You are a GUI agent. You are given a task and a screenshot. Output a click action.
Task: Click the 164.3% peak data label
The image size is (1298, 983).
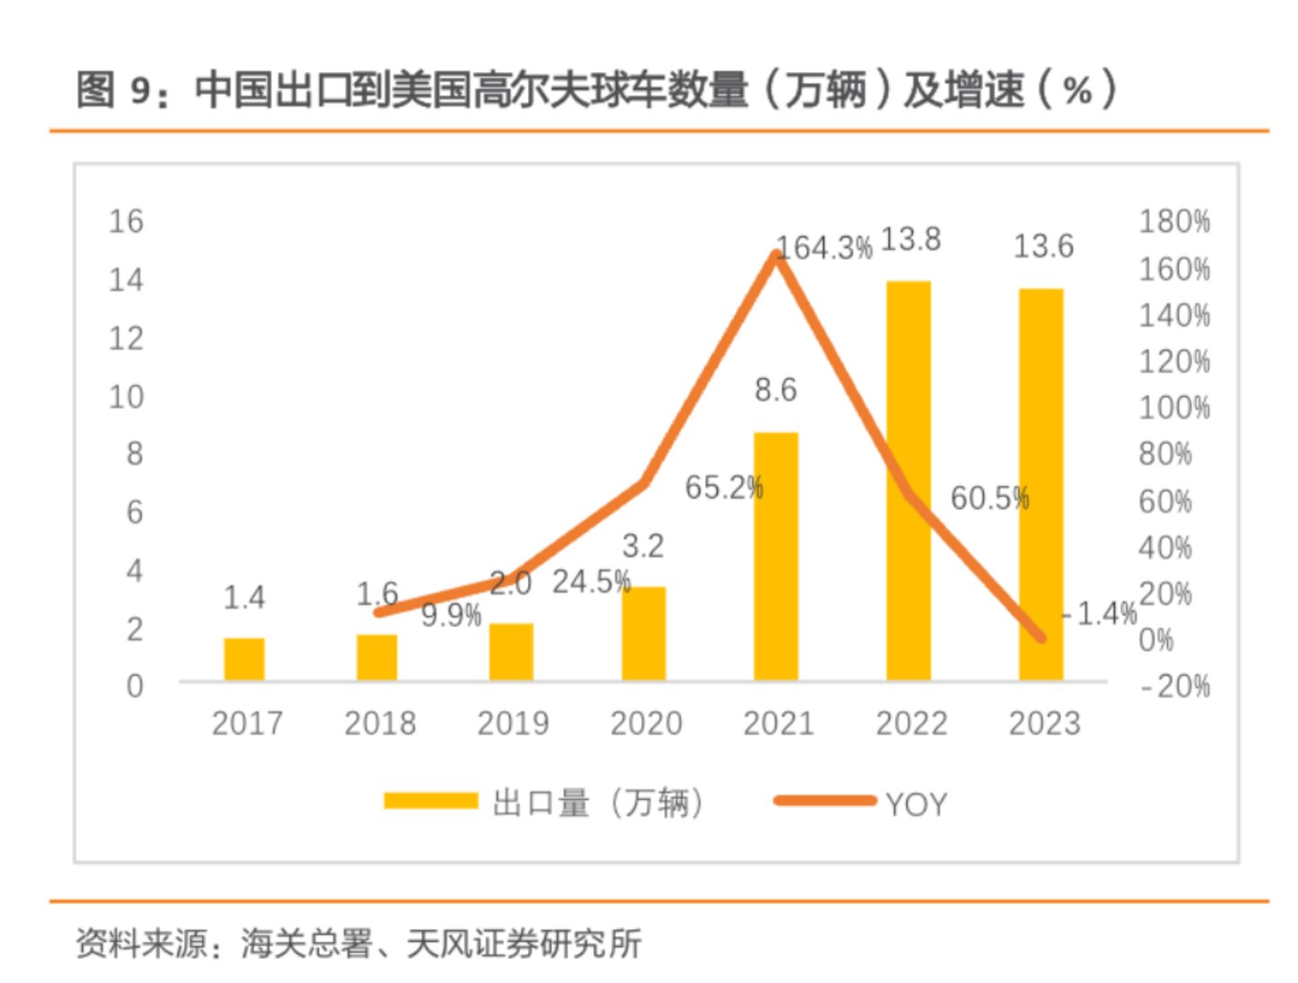point(825,248)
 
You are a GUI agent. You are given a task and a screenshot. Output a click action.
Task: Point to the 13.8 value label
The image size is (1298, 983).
point(910,240)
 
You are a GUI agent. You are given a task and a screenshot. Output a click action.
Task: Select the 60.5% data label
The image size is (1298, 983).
point(990,498)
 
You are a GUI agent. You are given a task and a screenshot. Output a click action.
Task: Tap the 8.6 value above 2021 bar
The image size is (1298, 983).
point(776,390)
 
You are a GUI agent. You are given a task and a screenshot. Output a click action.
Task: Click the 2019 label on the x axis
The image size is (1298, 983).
point(512,723)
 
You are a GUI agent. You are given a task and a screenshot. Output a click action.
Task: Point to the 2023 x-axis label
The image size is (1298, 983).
point(1044,723)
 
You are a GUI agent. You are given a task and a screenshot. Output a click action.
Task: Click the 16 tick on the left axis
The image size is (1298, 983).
point(126,221)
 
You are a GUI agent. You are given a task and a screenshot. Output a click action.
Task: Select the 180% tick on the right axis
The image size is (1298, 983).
point(1174,221)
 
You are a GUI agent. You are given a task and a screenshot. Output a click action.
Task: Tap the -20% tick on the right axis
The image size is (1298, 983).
point(1174,686)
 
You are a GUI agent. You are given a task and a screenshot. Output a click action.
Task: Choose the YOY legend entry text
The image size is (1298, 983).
point(917,804)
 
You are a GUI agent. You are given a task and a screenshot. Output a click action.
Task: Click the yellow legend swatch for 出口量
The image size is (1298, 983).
point(430,801)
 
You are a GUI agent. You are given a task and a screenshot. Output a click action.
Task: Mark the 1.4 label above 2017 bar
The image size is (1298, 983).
point(244,597)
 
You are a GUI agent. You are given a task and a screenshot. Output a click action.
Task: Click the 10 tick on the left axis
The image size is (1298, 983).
point(126,396)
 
